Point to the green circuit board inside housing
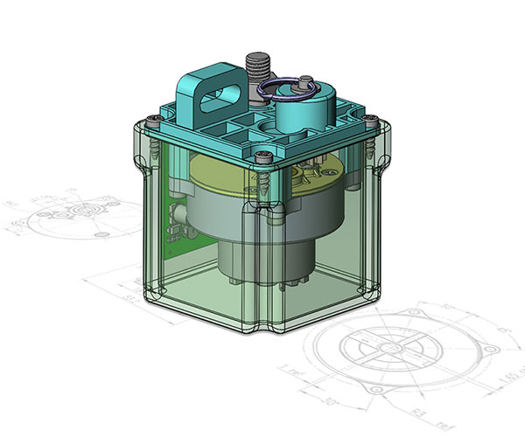pyautogui.click(x=178, y=223)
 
